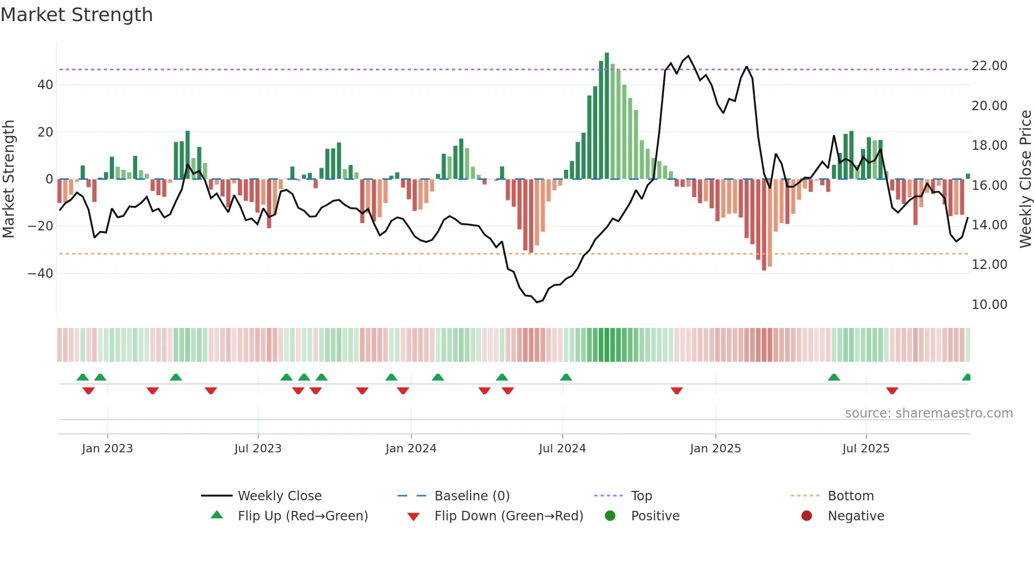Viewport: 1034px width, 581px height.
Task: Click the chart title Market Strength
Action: [x=76, y=15]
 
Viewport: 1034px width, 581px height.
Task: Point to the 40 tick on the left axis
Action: [x=45, y=84]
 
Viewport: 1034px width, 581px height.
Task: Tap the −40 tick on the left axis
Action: [x=41, y=273]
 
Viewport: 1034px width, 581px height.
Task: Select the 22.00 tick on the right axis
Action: [x=989, y=66]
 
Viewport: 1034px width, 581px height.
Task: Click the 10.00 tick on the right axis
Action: [x=989, y=304]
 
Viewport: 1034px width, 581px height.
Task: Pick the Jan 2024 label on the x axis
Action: [x=411, y=449]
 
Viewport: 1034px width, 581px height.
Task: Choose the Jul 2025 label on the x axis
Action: [x=866, y=449]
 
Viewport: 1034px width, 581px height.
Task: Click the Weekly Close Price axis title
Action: [x=1025, y=179]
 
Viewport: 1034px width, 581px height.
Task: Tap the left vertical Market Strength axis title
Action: [x=8, y=179]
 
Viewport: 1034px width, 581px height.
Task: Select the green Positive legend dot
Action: [x=610, y=516]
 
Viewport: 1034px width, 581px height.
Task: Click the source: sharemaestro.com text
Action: [x=928, y=413]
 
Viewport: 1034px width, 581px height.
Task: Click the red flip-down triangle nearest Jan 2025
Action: [x=677, y=391]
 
